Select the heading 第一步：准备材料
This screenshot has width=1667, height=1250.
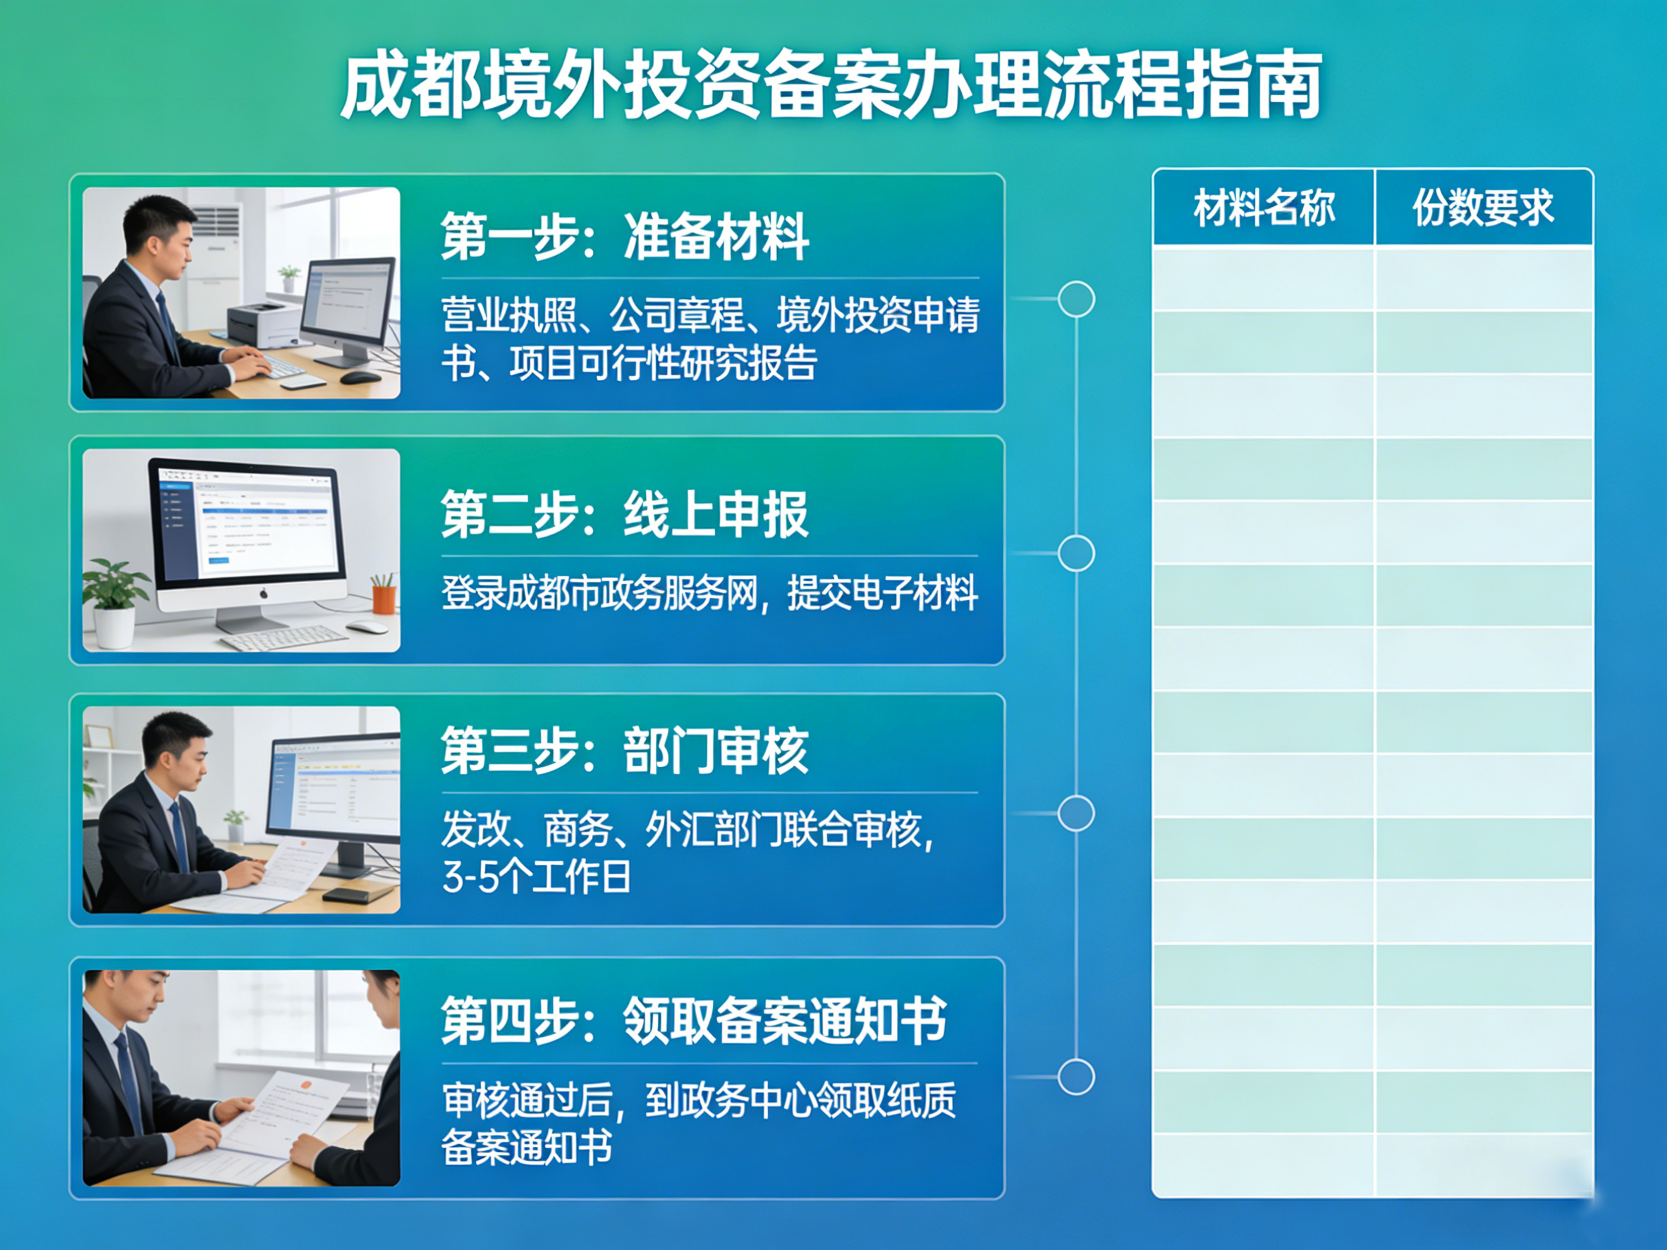[x=625, y=237]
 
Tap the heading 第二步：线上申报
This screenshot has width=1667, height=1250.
[x=625, y=515]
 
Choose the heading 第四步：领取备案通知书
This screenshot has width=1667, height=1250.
[x=693, y=1020]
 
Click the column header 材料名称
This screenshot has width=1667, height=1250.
[x=1264, y=208]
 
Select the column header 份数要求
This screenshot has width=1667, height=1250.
[x=1482, y=208]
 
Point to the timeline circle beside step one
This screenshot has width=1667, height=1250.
[x=1076, y=299]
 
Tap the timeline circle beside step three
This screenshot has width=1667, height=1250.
[x=1076, y=813]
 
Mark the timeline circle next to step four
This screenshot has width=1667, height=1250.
[x=1076, y=1076]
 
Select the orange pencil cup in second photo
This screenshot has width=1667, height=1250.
[x=383, y=599]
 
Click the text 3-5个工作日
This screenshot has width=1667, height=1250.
[x=536, y=877]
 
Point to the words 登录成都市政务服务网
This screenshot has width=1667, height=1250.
[x=599, y=593]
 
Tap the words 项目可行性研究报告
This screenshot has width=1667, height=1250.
[x=663, y=364]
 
